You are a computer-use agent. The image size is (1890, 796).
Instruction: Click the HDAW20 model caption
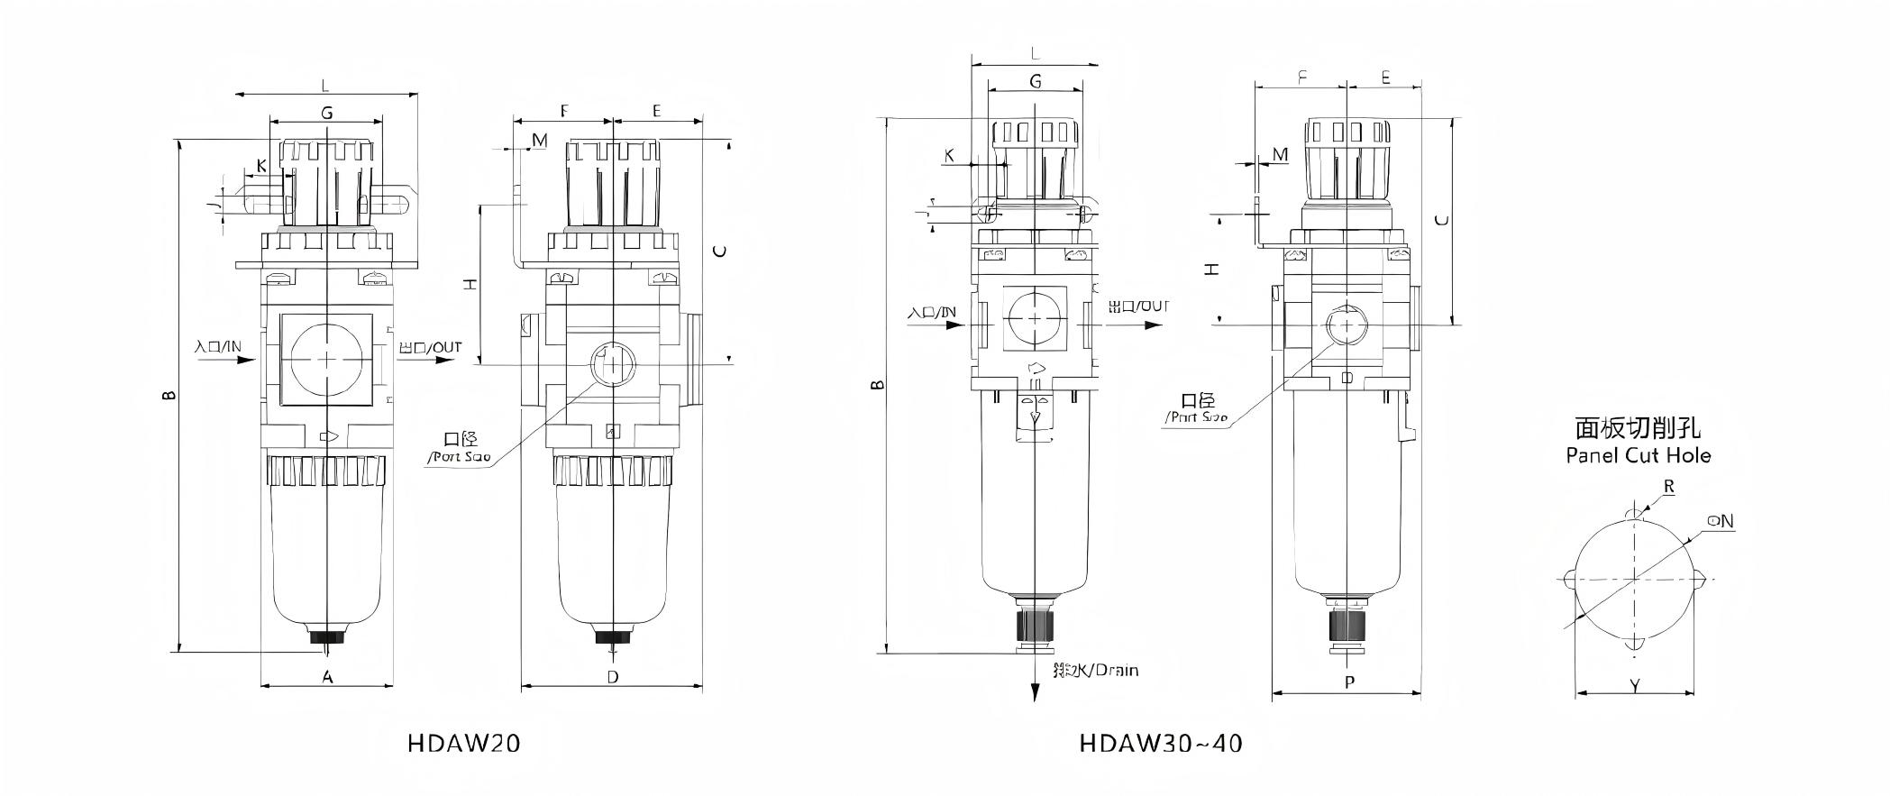pos(463,743)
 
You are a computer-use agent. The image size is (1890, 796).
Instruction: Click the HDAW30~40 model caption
pos(1161,743)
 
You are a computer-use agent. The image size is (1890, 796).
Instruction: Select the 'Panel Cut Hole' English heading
pos(1638,455)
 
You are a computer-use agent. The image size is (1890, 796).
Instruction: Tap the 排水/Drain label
pos(1095,670)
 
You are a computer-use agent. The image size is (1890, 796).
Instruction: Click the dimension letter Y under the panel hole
pos(1635,686)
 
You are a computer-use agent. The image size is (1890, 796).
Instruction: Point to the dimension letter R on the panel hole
pos(1669,487)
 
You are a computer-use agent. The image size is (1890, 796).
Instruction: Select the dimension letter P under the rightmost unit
pos(1349,682)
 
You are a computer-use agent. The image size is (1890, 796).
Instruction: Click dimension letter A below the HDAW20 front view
pos(328,676)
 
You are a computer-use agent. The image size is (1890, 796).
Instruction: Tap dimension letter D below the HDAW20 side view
pos(613,676)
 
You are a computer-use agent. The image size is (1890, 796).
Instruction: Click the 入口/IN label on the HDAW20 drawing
pos(218,346)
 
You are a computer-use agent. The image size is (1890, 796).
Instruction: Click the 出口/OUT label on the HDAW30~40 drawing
pos(1138,307)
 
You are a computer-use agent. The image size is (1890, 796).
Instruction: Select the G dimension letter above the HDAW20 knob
pos(327,113)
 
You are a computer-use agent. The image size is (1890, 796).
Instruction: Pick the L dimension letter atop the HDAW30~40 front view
pos(1035,55)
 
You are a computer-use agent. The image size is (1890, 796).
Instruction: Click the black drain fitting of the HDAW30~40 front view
pos(1035,624)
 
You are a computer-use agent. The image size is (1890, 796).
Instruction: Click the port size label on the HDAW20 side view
pos(460,447)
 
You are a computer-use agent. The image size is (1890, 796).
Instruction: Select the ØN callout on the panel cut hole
pos(1720,521)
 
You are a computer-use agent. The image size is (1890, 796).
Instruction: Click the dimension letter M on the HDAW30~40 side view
pos(1280,155)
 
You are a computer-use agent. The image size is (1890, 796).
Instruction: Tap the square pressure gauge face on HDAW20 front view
pos(326,359)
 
